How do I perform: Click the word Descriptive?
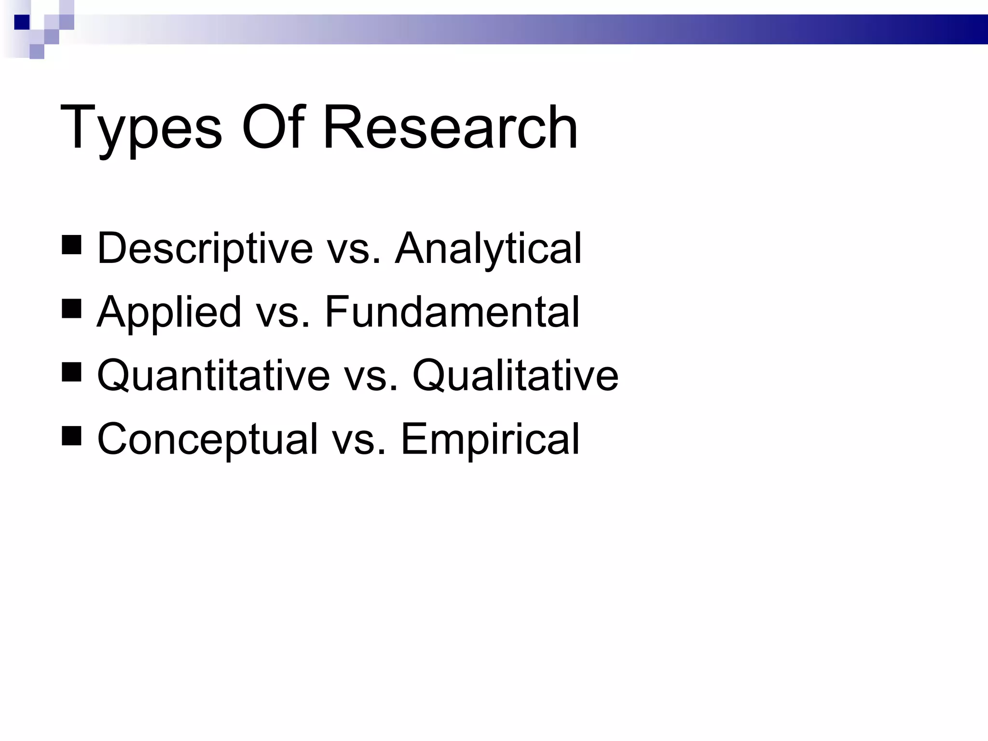(205, 249)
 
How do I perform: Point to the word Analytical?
(488, 249)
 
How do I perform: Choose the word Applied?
(169, 313)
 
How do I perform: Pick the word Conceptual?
(207, 439)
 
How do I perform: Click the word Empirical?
(490, 439)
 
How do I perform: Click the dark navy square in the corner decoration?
(22, 22)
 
